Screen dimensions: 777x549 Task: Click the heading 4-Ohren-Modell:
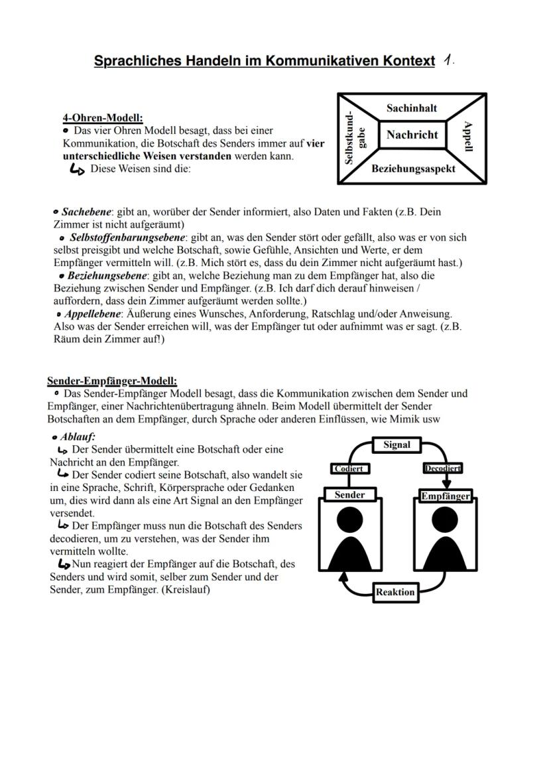pyautogui.click(x=103, y=118)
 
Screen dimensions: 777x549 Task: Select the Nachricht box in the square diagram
pyautogui.click(x=412, y=135)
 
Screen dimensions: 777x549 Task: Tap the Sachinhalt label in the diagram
pyautogui.click(x=412, y=107)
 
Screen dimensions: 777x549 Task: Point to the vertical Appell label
pyautogui.click(x=469, y=136)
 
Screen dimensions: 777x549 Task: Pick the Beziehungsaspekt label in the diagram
pyautogui.click(x=413, y=169)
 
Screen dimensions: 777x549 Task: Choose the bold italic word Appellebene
pyautogui.click(x=93, y=313)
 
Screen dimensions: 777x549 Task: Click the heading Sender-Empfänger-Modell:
pyautogui.click(x=112, y=381)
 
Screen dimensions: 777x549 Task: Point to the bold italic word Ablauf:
pyautogui.click(x=78, y=437)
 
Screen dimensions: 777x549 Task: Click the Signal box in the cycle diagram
pyautogui.click(x=396, y=445)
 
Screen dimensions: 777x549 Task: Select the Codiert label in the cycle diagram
pyautogui.click(x=349, y=468)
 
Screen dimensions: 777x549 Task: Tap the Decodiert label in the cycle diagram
pyautogui.click(x=442, y=468)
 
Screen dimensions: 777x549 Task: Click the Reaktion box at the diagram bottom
pyautogui.click(x=395, y=592)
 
